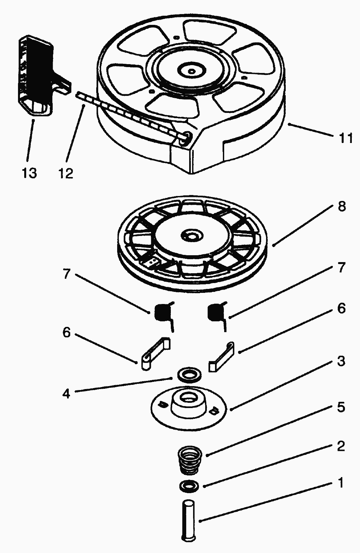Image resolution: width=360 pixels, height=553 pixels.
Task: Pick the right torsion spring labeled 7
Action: (216, 313)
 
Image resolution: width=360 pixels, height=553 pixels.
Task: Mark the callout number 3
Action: (341, 361)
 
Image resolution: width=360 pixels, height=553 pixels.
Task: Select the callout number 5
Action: (341, 407)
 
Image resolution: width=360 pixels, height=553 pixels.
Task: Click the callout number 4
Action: (66, 393)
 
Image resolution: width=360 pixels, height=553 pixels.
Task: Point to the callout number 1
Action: (341, 483)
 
